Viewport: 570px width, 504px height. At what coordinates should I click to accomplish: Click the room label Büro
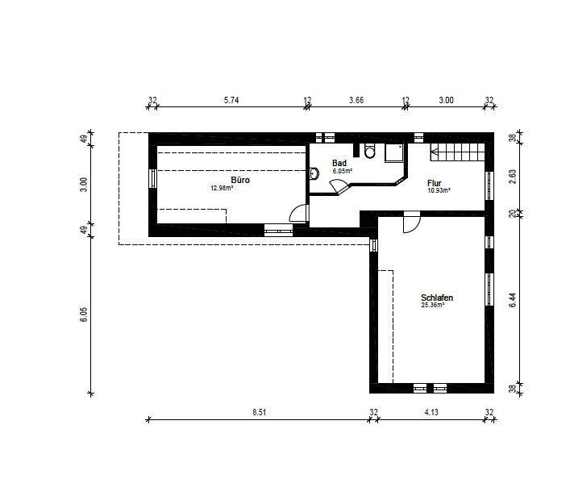point(240,180)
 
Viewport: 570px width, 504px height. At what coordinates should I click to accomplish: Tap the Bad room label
point(339,163)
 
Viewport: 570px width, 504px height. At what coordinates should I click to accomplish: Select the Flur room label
point(435,183)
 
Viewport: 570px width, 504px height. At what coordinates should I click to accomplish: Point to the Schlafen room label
point(437,298)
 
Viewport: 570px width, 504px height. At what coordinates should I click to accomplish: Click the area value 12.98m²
point(222,188)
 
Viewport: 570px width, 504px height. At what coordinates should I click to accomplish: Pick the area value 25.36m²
point(433,305)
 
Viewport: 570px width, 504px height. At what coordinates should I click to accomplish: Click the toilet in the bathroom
point(370,151)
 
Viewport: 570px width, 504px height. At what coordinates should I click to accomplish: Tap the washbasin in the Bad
point(314,174)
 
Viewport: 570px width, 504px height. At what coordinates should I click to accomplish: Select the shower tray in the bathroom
point(394,153)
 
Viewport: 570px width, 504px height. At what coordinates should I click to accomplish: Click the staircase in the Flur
point(458,152)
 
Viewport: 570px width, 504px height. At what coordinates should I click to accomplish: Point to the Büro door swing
point(299,213)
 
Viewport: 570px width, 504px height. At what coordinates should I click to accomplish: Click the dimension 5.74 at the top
point(231,100)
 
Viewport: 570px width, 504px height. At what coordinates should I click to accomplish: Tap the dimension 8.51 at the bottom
point(259,412)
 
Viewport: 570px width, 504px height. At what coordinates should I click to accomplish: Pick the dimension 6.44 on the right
point(513,300)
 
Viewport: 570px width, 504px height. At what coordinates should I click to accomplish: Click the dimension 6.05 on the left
point(84,314)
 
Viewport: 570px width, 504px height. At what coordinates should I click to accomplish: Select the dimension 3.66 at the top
point(356,100)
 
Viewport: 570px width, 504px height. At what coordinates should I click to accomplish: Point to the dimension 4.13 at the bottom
point(431,412)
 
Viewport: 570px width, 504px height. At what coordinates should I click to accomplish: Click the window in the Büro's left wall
point(153,178)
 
